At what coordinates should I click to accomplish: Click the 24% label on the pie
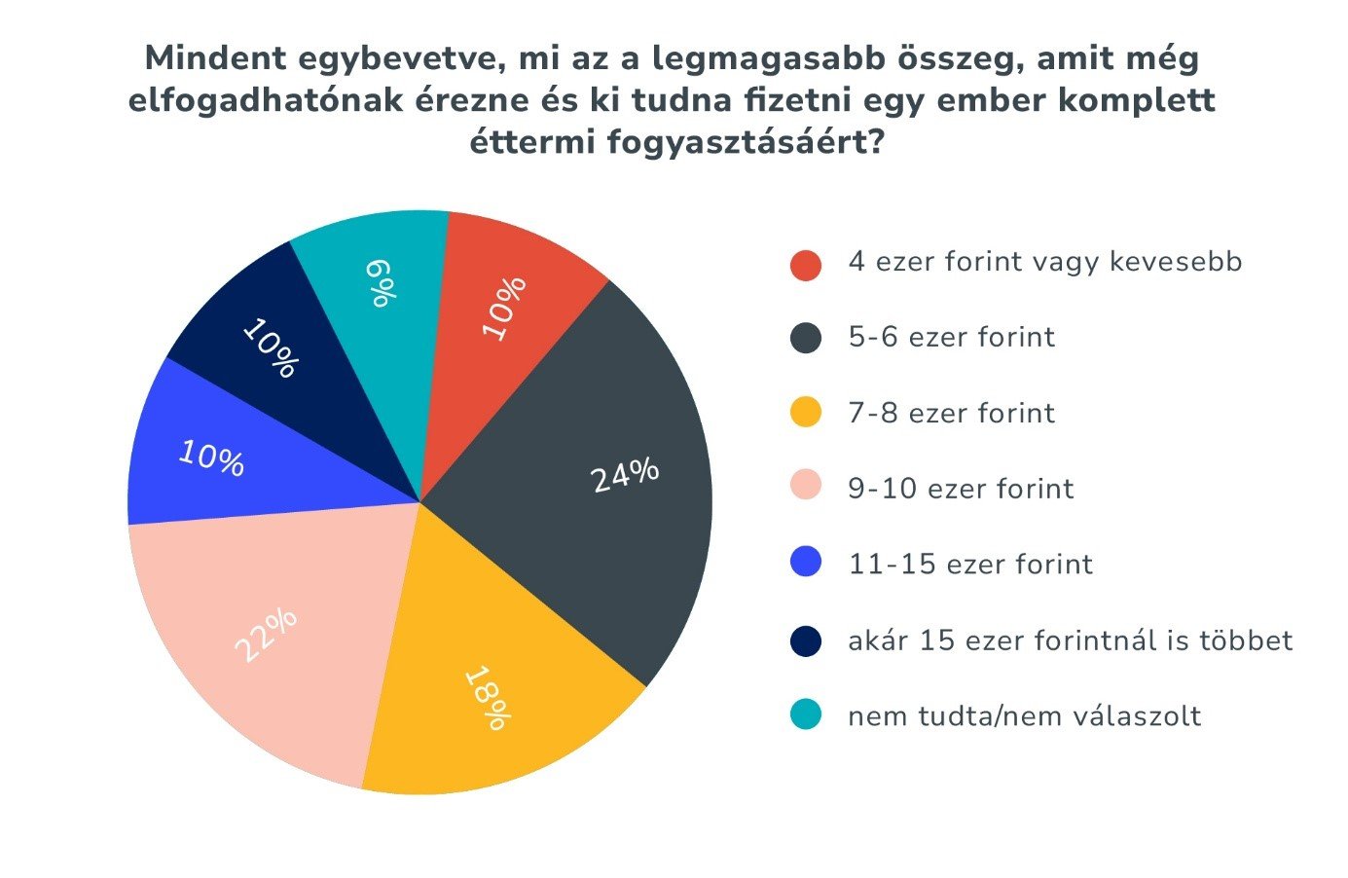pos(625,475)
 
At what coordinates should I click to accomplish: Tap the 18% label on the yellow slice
pos(486,698)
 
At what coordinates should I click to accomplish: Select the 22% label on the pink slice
pos(266,635)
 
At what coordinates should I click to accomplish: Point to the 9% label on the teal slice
pos(382,283)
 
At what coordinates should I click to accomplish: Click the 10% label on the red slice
pos(504,309)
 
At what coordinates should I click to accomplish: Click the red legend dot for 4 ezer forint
pos(806,265)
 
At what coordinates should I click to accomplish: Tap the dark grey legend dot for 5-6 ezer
pos(806,339)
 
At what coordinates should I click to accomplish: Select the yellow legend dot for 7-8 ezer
pos(806,414)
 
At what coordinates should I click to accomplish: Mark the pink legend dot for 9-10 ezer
pos(806,487)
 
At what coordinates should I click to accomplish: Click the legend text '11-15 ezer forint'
pos(970,565)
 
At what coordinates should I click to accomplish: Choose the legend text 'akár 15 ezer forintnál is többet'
pos(1070,640)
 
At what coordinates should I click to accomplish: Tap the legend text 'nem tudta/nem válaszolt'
pos(1024,716)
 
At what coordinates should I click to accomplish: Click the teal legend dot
pos(806,715)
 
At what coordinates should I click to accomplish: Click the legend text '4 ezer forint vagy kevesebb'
pos(1044,262)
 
